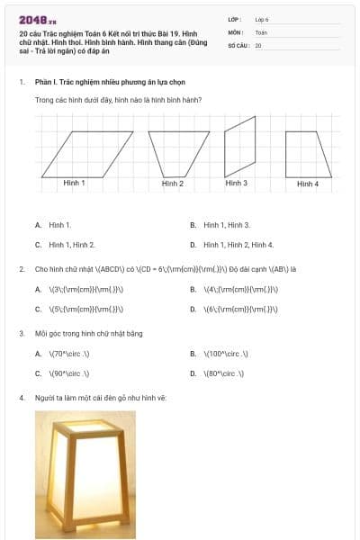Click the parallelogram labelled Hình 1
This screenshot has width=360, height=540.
pyautogui.click(x=86, y=153)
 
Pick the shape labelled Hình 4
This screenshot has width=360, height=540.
pyautogui.click(x=307, y=154)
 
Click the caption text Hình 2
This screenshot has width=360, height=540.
pyautogui.click(x=173, y=184)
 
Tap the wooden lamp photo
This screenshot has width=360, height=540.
pyautogui.click(x=85, y=474)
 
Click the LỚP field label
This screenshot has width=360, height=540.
pyautogui.click(x=235, y=19)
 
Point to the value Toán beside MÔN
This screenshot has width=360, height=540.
pyautogui.click(x=261, y=31)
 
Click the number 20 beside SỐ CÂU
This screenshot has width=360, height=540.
pyautogui.click(x=258, y=44)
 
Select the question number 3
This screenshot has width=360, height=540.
pyautogui.click(x=21, y=333)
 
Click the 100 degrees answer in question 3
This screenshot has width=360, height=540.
pyautogui.click(x=225, y=354)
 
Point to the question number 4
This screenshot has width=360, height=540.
pyautogui.click(x=21, y=397)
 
